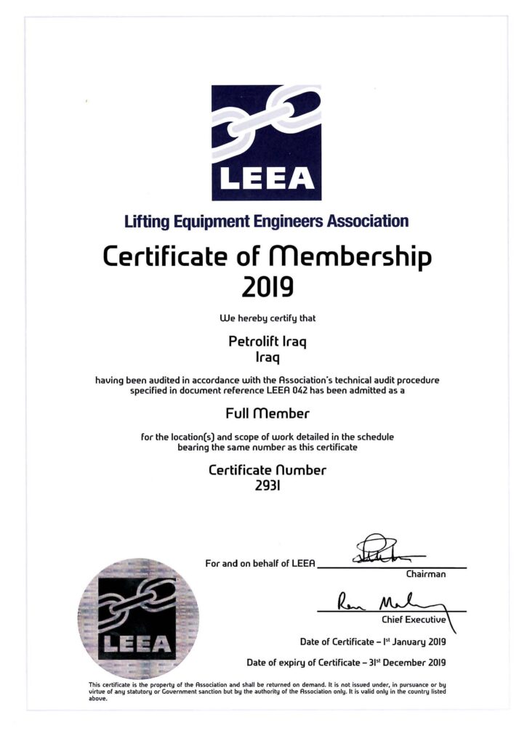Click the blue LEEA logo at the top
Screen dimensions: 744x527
pos(266,142)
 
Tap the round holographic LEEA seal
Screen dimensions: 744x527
pos(137,619)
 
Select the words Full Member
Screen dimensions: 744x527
pos(267,413)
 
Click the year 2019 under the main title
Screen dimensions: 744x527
pos(267,288)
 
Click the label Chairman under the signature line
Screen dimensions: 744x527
pos(426,574)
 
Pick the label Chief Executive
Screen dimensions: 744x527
pos(414,620)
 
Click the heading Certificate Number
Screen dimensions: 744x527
pos(267,469)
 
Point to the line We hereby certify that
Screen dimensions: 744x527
pos(267,318)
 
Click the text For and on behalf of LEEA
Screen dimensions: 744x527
pos(260,564)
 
